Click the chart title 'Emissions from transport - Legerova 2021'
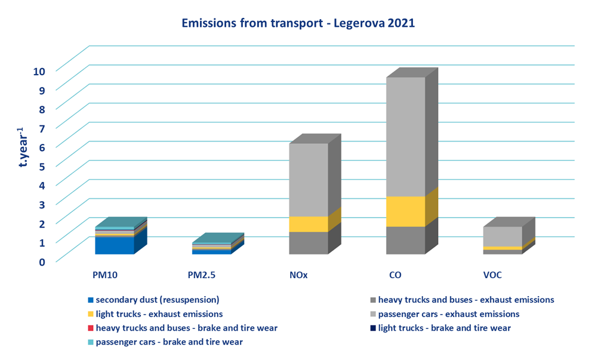298,24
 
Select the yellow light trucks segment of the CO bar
405,211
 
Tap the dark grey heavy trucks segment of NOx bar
308,242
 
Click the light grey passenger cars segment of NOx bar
308,179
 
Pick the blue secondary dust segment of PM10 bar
114,245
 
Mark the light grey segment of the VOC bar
503,236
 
